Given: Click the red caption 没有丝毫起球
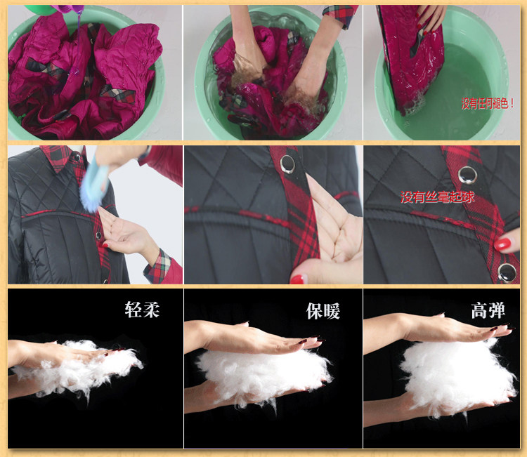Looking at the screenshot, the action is pyautogui.click(x=437, y=197).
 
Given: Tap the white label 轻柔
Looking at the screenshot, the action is pyautogui.click(x=142, y=310).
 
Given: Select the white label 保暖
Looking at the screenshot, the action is pyautogui.click(x=323, y=311).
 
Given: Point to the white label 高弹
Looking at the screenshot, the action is pyautogui.click(x=488, y=310).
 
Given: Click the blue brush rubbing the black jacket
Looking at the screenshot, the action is pyautogui.click(x=94, y=185).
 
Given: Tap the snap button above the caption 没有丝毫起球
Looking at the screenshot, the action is pyautogui.click(x=467, y=175).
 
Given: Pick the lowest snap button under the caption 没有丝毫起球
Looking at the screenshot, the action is pyautogui.click(x=507, y=272).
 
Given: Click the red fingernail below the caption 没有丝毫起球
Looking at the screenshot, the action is pyautogui.click(x=502, y=244).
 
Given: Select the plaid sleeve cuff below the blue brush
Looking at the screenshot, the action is pyautogui.click(x=158, y=266).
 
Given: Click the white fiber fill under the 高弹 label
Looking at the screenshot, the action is pyautogui.click(x=457, y=376).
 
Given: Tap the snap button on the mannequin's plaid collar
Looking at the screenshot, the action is pyautogui.click(x=77, y=157).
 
